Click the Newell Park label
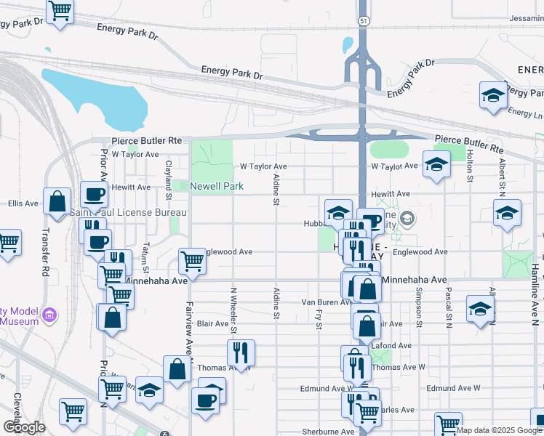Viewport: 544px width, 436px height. coord(217,187)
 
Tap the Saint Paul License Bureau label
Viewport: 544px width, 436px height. coord(127,212)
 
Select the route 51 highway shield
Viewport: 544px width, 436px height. coord(362,21)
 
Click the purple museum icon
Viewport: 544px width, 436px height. coord(49,315)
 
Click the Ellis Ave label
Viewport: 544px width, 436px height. coord(23,203)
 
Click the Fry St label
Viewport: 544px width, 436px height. coord(319,318)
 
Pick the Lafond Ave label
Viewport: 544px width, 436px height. coord(393,345)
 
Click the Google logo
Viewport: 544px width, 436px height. coord(24,427)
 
